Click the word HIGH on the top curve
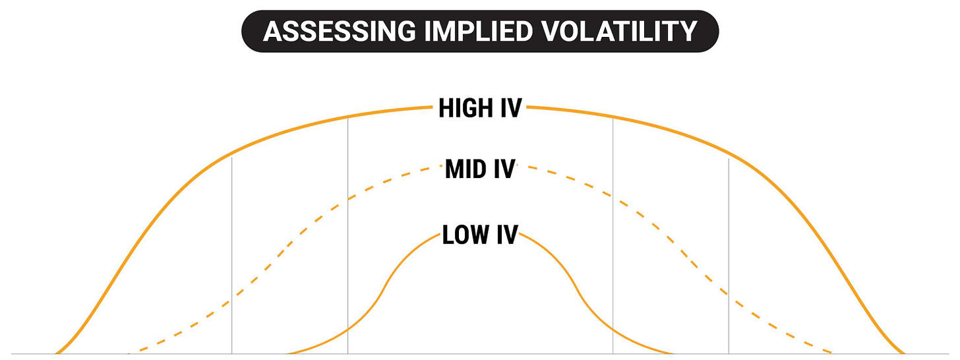pos(465,108)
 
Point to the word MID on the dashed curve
pos(465,169)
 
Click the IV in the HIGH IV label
pos(510,108)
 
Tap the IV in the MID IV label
pos(503,169)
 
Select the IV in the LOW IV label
pos(506,235)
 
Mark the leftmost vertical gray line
pos(232,257)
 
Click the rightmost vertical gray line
pos(729,257)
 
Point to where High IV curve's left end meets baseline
pos(56,353)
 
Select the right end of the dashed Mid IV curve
pos(833,353)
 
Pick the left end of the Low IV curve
pos(287,353)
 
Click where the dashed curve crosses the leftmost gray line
pos(232,300)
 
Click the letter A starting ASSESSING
pos(273,31)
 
